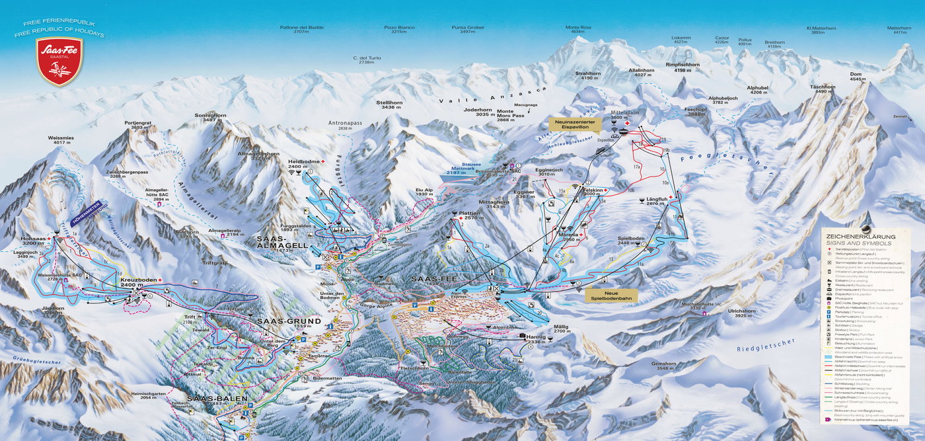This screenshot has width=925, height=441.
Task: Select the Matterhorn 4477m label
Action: [899, 30]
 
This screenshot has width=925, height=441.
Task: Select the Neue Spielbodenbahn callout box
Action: [611, 296]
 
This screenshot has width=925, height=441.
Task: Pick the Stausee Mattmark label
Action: [461, 170]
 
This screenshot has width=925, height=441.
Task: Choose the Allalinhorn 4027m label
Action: [641, 73]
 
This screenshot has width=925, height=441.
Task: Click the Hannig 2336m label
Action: [536, 340]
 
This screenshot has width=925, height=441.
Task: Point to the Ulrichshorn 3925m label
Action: [727, 313]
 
